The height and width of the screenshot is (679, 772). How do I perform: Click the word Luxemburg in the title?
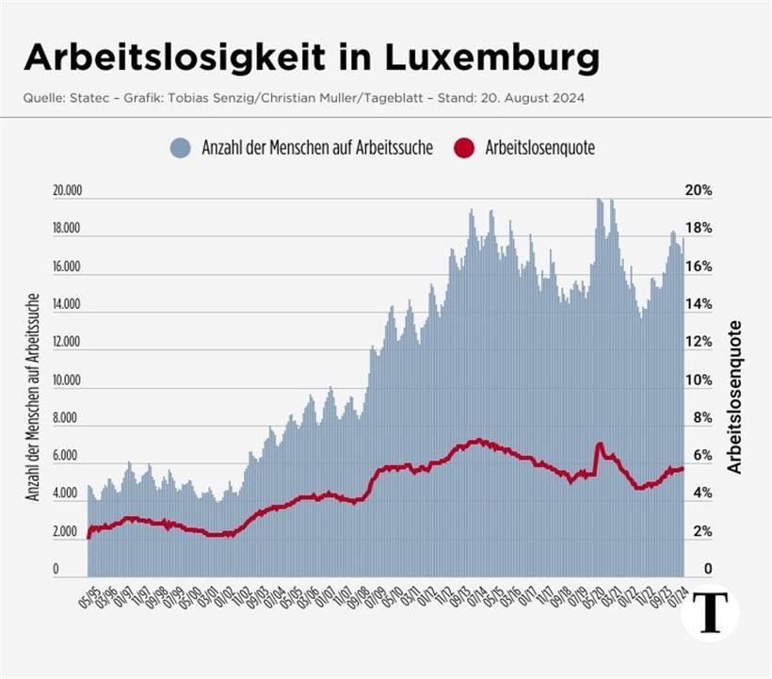[x=492, y=58]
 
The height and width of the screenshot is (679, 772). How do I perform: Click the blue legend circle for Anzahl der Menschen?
[x=181, y=148]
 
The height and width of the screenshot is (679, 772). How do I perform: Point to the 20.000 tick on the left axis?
[x=68, y=190]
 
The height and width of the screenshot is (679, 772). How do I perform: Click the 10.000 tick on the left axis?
[x=68, y=380]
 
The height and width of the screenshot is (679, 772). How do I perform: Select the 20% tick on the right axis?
[x=699, y=190]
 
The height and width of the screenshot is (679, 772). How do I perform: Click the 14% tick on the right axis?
[x=699, y=304]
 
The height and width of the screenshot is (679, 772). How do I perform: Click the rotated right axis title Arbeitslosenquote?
[x=735, y=396]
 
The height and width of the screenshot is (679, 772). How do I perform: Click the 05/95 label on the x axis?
[x=88, y=595]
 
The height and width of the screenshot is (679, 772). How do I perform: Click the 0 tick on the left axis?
[x=56, y=570]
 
